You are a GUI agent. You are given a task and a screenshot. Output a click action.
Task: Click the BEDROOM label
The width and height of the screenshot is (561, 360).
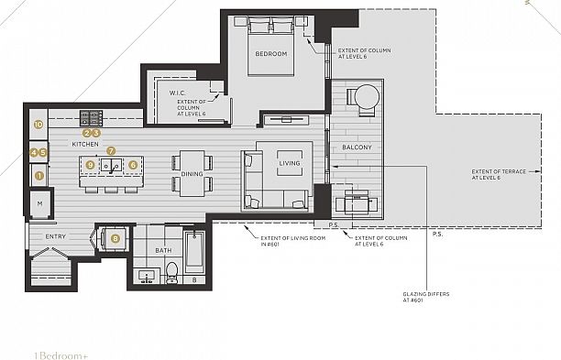click(x=270, y=54)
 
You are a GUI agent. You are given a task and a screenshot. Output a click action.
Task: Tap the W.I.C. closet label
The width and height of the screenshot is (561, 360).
click(x=179, y=93)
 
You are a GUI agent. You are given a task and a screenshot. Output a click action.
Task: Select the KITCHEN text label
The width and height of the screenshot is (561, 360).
click(x=85, y=145)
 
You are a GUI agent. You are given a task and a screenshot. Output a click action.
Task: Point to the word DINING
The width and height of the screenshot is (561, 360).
click(x=192, y=174)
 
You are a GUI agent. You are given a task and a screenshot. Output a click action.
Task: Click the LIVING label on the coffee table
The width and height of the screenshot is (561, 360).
click(x=290, y=164)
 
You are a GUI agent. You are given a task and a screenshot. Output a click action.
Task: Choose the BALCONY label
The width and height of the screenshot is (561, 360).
click(x=357, y=147)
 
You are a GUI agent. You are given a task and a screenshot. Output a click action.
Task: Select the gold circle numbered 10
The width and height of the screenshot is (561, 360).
click(x=38, y=124)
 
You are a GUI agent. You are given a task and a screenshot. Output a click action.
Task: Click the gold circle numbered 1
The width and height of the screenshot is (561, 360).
click(x=38, y=173)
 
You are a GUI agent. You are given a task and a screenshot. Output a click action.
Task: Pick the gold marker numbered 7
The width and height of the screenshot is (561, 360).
click(x=111, y=150)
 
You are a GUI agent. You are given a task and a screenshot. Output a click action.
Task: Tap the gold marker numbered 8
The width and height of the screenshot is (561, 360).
click(x=115, y=238)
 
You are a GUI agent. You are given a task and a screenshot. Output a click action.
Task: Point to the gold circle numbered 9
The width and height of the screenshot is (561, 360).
click(x=90, y=165)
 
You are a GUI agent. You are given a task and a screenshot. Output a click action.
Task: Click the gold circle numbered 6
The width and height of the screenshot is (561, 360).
click(x=133, y=165)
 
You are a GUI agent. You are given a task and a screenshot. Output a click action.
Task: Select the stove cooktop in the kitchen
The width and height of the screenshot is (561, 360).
click(x=92, y=117)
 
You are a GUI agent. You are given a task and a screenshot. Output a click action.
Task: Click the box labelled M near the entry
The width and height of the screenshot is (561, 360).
click(x=40, y=202)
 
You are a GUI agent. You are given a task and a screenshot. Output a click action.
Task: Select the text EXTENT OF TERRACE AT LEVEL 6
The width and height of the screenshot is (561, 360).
click(x=500, y=174)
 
